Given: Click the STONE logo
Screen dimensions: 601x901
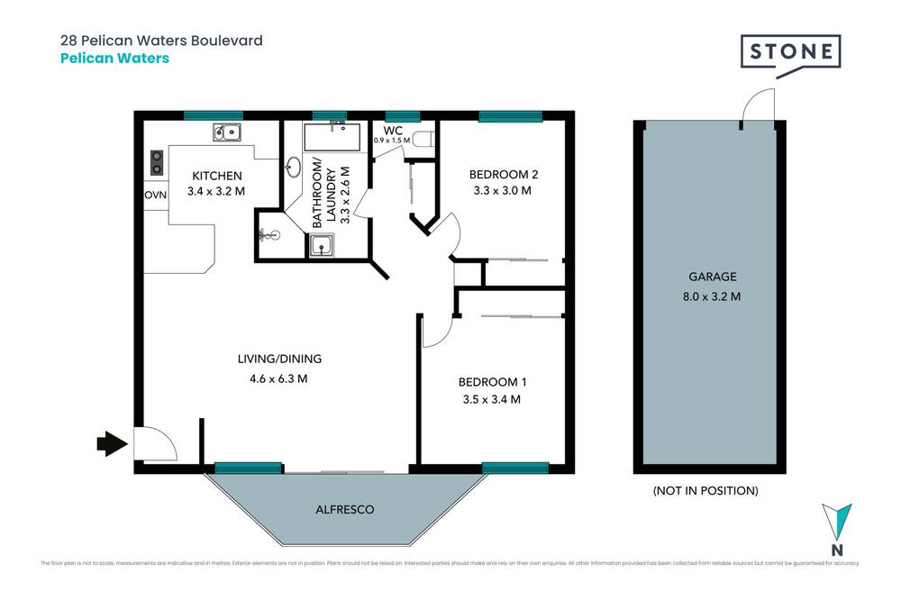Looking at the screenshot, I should (790, 52).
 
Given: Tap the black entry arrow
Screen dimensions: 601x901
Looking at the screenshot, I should (112, 443).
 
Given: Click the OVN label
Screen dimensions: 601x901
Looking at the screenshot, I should (154, 195).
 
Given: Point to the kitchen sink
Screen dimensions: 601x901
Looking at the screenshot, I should (227, 133).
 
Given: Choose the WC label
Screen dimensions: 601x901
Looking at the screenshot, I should (392, 130).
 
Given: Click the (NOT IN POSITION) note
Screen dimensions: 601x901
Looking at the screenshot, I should (705, 491).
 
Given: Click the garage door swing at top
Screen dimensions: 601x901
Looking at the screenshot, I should (755, 106).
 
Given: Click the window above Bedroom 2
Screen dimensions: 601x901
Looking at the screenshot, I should (510, 115).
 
